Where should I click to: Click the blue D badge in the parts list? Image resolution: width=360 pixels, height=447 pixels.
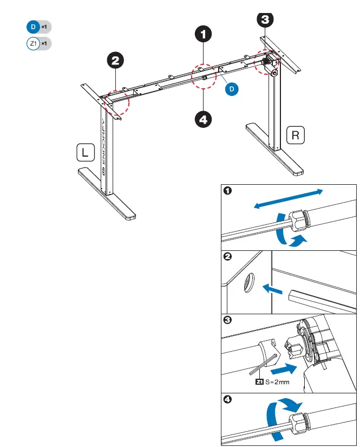32,27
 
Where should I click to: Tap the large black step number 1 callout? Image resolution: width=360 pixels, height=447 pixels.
204,34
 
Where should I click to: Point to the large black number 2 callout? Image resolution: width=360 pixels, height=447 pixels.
115,60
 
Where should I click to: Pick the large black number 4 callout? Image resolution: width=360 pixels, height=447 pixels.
204,119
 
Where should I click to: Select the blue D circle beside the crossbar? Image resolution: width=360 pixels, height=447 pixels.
232,88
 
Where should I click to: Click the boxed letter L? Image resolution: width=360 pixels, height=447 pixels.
84,153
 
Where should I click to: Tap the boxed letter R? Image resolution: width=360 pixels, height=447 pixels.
296,135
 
